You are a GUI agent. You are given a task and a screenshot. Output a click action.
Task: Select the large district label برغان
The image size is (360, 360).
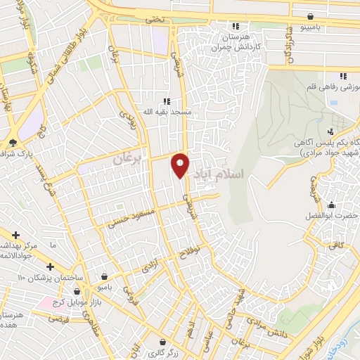pyautogui.click(x=127, y=160)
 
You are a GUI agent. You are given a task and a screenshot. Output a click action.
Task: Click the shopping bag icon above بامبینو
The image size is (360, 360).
pyautogui.click(x=310, y=16)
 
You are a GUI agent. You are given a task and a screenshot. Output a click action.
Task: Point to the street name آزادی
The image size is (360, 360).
pyautogui.click(x=150, y=268)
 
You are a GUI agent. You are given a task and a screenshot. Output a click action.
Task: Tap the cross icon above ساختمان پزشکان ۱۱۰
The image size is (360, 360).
pyautogui.click(x=50, y=266)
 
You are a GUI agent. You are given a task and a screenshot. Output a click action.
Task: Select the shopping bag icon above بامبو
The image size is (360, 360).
pyautogui.click(x=105, y=276)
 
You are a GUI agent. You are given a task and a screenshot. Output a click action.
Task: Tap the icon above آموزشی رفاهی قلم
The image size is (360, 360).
pyautogui.click(x=343, y=76)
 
